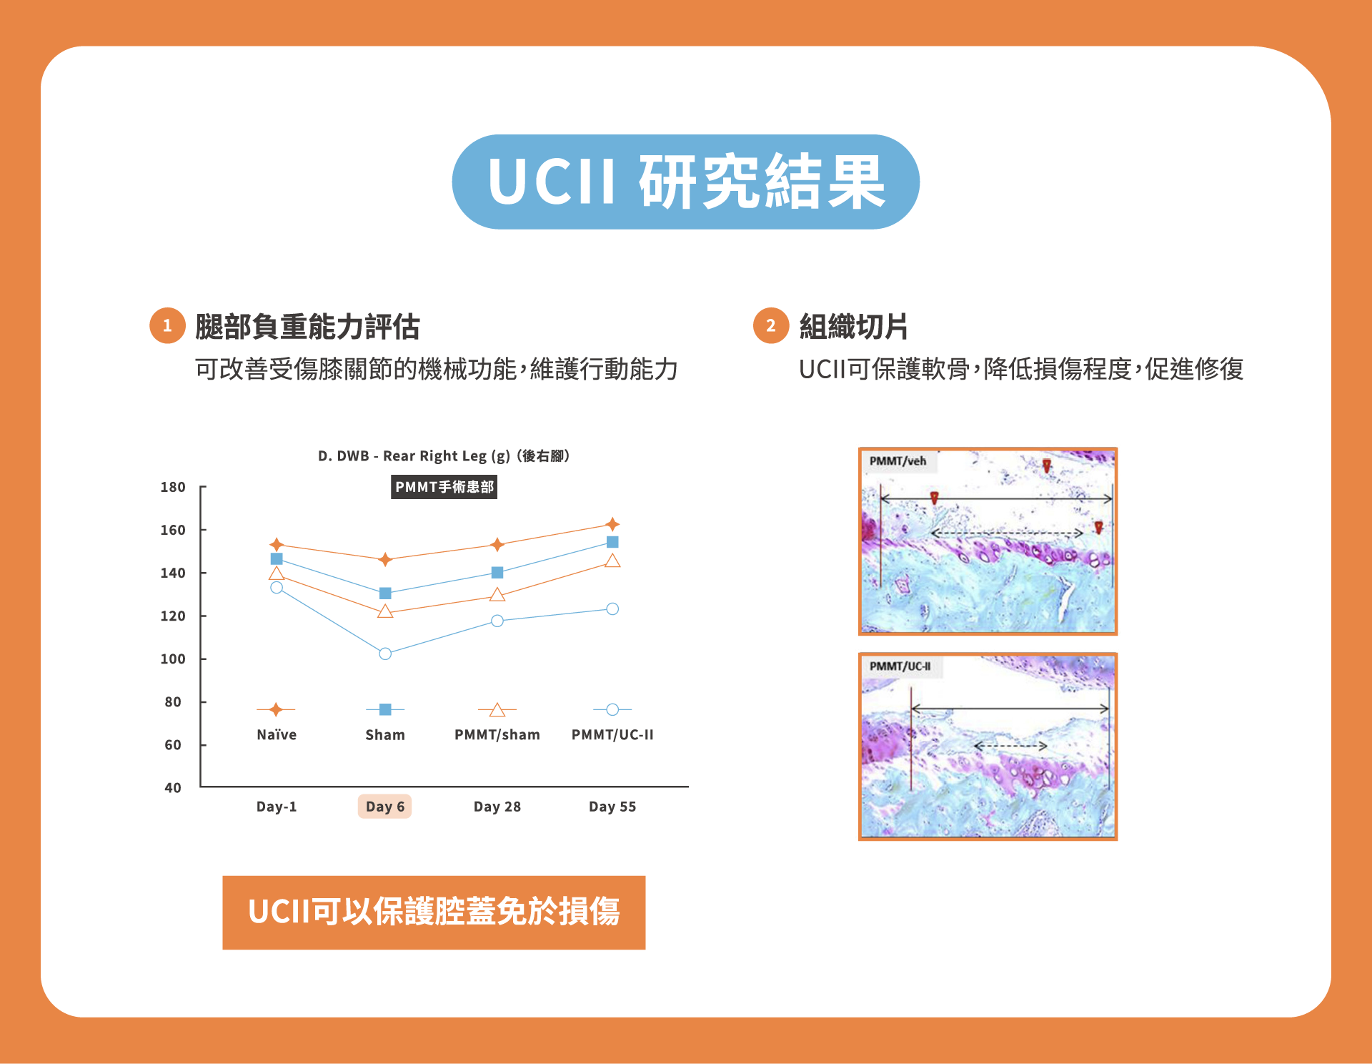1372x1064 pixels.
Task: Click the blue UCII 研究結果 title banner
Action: coord(685,182)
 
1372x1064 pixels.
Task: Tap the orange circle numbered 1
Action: coord(167,326)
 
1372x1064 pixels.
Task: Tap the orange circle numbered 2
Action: coord(771,326)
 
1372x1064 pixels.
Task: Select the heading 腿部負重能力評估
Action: coord(307,327)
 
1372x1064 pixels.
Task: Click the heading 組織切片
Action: coord(853,327)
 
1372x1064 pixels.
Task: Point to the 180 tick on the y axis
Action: coord(173,487)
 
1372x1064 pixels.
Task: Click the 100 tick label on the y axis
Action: coord(173,659)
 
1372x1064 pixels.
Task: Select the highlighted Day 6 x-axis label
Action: coord(384,807)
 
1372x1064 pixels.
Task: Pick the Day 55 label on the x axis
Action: coord(612,807)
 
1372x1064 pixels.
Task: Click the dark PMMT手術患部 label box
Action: coord(444,487)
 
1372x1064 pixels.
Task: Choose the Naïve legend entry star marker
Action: coord(276,709)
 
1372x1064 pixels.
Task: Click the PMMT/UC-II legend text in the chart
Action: coord(612,734)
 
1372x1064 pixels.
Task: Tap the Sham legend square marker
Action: coord(385,709)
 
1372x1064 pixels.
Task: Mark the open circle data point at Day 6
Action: coord(385,654)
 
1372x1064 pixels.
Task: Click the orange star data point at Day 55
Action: coord(612,524)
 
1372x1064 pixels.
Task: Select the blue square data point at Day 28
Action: coord(497,572)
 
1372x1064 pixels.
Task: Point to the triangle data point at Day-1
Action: coord(277,573)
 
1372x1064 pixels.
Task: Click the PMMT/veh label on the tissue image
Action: coord(898,461)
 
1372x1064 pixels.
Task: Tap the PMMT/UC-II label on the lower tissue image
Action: coord(900,666)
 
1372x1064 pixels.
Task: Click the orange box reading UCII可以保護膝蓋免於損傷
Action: coord(434,912)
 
